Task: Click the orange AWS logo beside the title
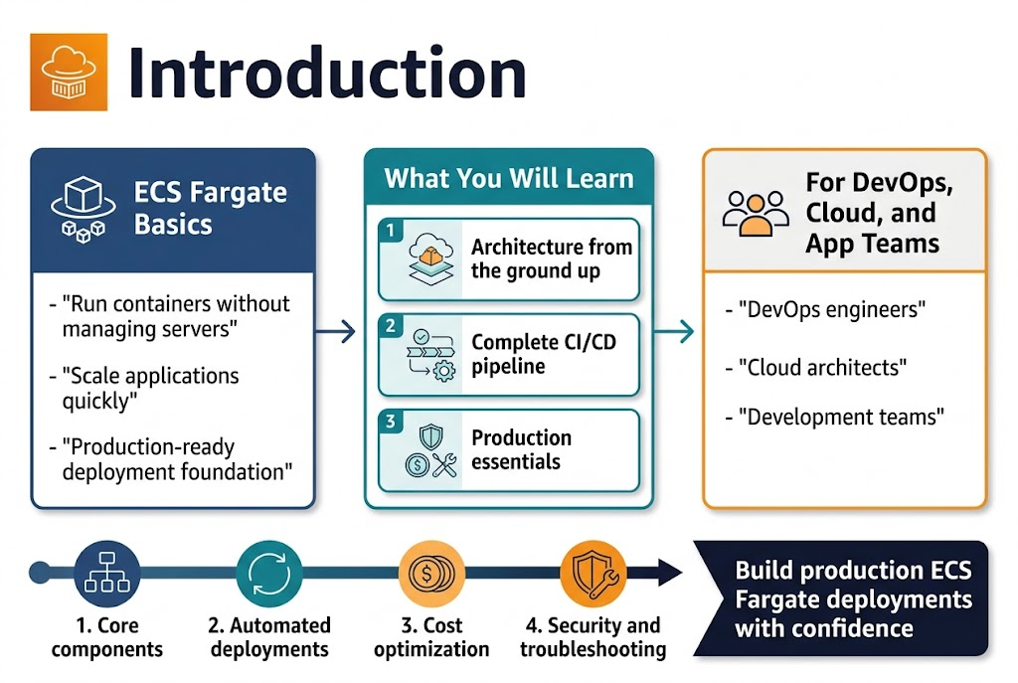coord(69,72)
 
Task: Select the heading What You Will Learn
coord(508,179)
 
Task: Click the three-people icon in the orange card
coord(755,213)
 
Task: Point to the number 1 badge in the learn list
coord(391,231)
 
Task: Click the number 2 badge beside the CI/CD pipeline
coord(391,326)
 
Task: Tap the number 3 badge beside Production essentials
coord(391,422)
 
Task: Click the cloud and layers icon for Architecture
coord(430,261)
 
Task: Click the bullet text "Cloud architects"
coord(822,367)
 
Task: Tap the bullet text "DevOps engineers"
coord(832,310)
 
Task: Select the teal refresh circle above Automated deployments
coord(268,574)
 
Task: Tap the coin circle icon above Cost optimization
coord(430,574)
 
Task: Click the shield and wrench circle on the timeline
coord(593,574)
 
